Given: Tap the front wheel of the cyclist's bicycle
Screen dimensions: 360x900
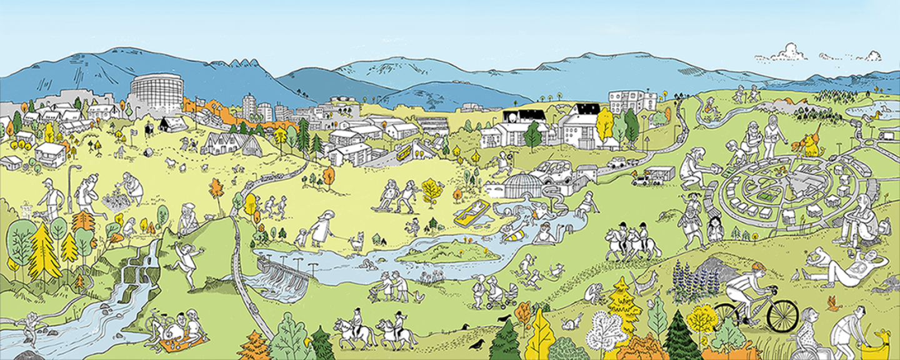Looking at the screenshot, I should point(782,316).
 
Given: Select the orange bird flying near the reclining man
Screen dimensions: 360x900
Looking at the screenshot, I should point(833,304).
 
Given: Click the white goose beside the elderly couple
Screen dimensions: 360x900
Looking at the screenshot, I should point(420,296).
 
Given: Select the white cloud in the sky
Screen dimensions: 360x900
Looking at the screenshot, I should point(787,52).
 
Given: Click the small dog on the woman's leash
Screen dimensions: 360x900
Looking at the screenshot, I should point(357,240).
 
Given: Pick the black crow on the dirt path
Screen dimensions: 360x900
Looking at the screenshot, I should point(477,344).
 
